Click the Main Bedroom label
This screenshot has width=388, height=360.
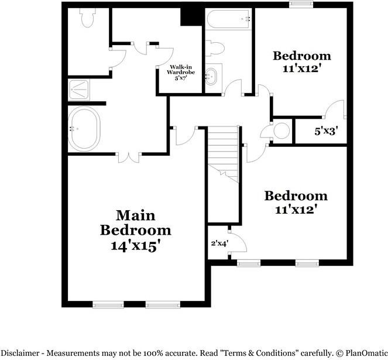coord(135,222)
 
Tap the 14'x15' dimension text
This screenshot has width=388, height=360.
coord(135,246)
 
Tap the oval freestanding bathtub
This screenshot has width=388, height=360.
coord(84,128)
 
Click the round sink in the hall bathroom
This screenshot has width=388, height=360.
coord(212,76)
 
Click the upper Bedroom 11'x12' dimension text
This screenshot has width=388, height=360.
coord(302,68)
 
